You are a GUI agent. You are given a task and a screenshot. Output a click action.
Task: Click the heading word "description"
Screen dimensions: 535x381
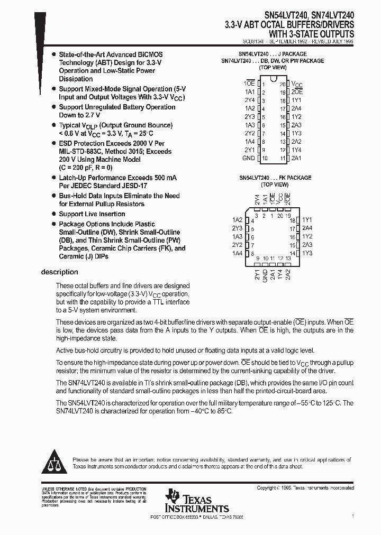59,272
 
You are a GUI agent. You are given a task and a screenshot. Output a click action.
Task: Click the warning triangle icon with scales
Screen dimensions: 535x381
54,462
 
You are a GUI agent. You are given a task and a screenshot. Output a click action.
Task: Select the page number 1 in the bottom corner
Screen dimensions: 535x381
352,514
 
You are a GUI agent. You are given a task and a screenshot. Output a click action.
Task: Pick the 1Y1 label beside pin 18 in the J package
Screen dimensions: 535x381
296,100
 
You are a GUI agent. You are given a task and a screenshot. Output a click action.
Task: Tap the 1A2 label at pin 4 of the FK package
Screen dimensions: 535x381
237,220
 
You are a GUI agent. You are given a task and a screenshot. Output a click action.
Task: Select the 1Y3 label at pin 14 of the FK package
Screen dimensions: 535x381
307,253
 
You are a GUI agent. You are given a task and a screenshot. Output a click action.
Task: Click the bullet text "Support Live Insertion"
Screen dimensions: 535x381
92,214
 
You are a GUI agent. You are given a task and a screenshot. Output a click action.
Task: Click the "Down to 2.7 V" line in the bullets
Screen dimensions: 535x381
79,115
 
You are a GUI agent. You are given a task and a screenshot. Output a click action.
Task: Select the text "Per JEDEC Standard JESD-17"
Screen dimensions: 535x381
103,186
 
